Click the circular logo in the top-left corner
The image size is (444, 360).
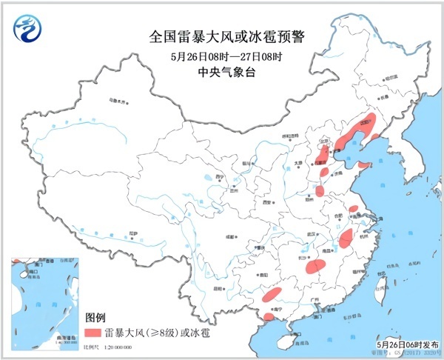27,27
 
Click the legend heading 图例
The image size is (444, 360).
96,316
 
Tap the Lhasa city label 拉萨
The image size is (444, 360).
132,233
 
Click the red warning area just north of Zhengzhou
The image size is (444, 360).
319,191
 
